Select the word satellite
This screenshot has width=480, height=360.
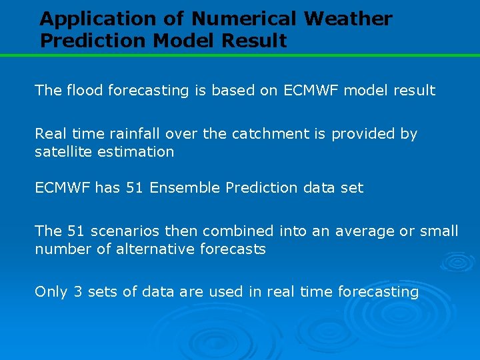63,152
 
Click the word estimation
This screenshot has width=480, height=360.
135,152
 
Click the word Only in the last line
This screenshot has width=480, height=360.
51,292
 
